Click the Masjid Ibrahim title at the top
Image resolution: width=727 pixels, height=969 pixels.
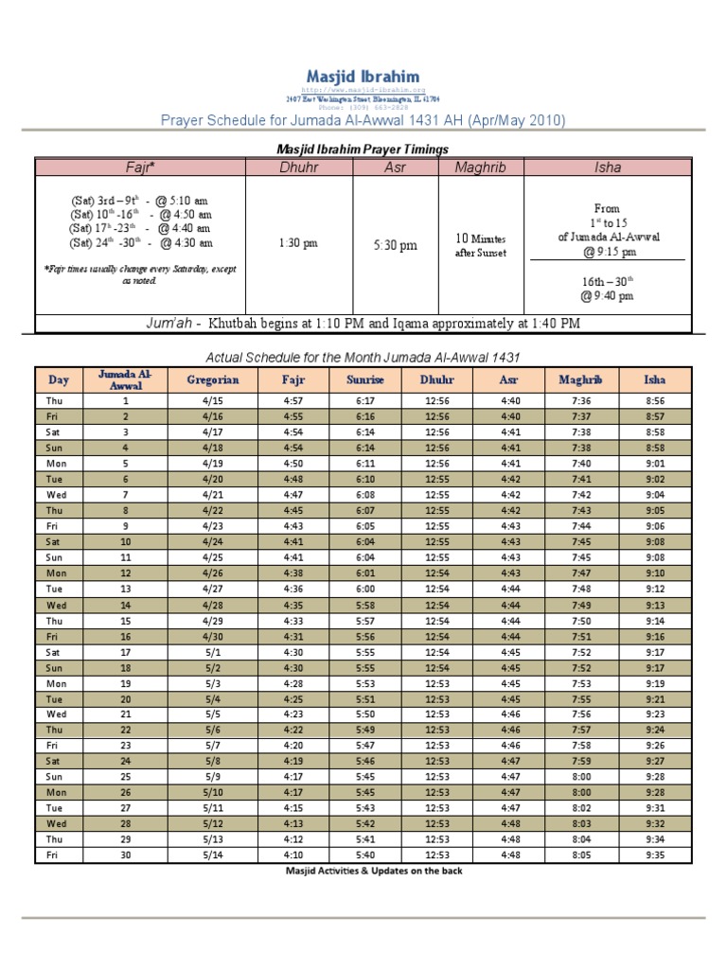coord(363,76)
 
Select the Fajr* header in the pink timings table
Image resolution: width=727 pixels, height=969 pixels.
coord(140,167)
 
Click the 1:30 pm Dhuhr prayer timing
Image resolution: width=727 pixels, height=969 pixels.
coord(298,243)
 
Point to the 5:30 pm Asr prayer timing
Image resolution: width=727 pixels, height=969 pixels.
coord(395,245)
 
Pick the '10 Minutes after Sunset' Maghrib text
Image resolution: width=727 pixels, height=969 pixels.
coord(480,246)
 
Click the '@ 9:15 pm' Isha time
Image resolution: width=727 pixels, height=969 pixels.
coord(609,252)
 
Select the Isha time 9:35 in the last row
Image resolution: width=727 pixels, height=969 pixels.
coord(654,854)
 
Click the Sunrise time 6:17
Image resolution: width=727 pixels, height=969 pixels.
coord(364,401)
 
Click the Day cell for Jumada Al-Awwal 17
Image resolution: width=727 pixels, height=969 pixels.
coord(58,652)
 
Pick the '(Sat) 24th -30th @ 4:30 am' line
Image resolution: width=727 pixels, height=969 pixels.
coord(140,243)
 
